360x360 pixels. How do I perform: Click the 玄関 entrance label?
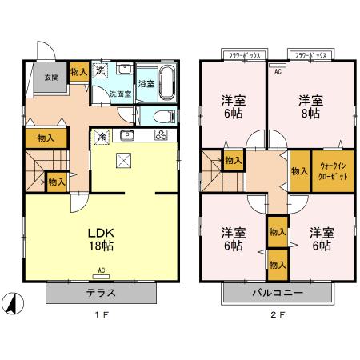click(50, 78)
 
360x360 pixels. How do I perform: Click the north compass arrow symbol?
click(14, 304)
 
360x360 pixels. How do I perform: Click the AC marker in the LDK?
click(102, 270)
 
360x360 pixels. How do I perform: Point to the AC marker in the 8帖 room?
click(278, 71)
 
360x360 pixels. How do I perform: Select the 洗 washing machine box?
click(101, 70)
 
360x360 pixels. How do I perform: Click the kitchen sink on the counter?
click(126, 134)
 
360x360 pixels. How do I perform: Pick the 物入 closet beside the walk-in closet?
click(298, 170)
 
